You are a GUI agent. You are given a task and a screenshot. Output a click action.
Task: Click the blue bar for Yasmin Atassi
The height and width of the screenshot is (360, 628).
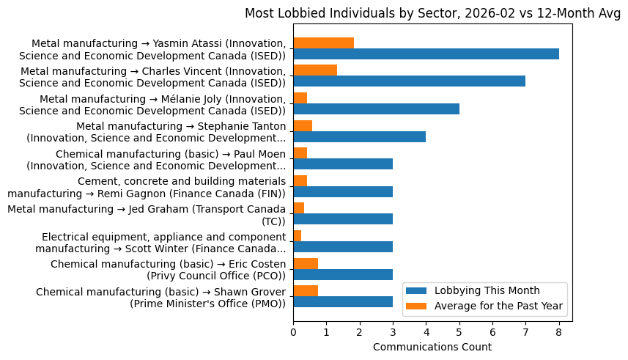pos(426,54)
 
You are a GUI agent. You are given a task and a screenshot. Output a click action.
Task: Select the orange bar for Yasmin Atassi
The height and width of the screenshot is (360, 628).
pos(323,43)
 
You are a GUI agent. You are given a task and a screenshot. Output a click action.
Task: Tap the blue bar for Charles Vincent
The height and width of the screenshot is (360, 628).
pos(409,81)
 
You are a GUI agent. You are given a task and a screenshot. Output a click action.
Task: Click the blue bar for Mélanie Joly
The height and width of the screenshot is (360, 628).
pos(376,109)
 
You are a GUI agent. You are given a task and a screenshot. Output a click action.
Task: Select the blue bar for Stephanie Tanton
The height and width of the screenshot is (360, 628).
pos(359,136)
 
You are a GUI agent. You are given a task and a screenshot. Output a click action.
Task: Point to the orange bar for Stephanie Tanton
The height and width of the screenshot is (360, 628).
pos(303,125)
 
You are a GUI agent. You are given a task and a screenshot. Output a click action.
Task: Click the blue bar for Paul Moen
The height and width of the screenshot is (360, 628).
pos(343,164)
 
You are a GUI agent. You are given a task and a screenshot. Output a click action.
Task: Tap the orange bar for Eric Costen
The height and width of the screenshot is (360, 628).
pos(306,263)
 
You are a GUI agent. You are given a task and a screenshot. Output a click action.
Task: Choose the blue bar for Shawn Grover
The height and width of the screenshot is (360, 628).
pos(343,301)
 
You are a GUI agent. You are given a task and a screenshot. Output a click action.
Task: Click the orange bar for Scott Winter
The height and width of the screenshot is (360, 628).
pos(297,235)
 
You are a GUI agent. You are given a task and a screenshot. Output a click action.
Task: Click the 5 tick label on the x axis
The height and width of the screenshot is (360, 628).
pos(459,332)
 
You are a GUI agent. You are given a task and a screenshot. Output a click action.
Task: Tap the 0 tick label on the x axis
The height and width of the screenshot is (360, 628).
pos(293,332)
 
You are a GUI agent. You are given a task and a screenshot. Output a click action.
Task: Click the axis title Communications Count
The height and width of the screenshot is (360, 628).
pos(432,347)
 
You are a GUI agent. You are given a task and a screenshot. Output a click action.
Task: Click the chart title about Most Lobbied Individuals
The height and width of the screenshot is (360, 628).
pos(432,13)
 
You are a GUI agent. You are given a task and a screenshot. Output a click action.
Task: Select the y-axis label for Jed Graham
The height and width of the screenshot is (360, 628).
pos(147,215)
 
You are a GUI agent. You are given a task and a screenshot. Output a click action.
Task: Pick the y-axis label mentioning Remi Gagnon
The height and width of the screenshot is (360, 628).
pos(147,187)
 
